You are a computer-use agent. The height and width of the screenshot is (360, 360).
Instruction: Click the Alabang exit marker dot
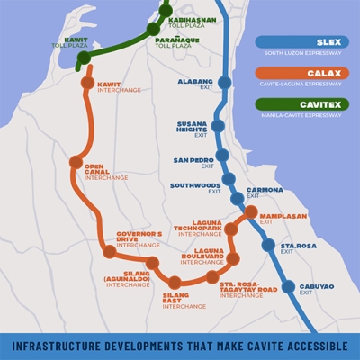pos(224,82)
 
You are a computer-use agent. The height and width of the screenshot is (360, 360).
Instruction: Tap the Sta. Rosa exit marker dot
pos(267,245)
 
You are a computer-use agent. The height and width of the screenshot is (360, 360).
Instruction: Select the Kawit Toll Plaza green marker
pos(84,58)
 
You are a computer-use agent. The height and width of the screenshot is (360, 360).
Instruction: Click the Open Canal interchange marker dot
pos(76,163)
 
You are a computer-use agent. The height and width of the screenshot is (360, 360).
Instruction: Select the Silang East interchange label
pos(175,298)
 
